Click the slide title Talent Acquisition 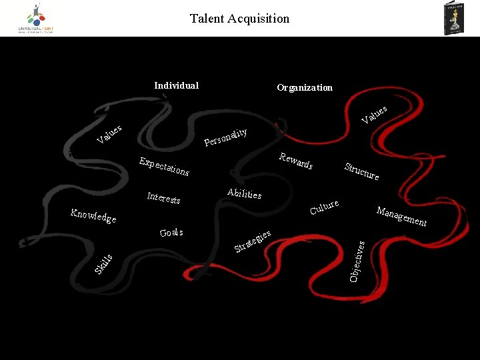pyautogui.click(x=239, y=19)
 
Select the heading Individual pyautogui.click(x=176, y=85)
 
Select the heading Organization pyautogui.click(x=305, y=87)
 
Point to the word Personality pyautogui.click(x=226, y=137)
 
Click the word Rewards pyautogui.click(x=296, y=161)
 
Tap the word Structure pyautogui.click(x=361, y=171)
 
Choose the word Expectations pyautogui.click(x=163, y=167)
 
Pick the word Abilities pyautogui.click(x=244, y=193)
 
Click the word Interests pyautogui.click(x=163, y=198)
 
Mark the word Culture pyautogui.click(x=324, y=207)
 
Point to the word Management pyautogui.click(x=401, y=216)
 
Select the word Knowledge pyautogui.click(x=93, y=215)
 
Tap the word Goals pyautogui.click(x=171, y=233)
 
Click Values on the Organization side pyautogui.click(x=374, y=114)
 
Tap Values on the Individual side pyautogui.click(x=109, y=133)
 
